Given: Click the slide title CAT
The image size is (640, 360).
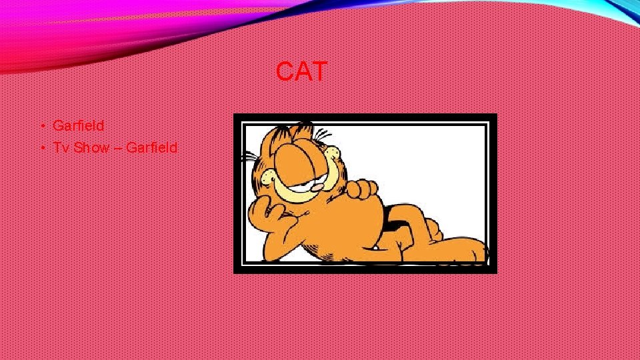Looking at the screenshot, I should coord(301,72).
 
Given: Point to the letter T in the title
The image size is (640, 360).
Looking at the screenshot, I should coord(319,72).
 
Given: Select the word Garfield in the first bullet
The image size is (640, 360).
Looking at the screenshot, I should coord(78,125).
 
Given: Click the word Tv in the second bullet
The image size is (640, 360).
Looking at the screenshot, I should coord(61,147).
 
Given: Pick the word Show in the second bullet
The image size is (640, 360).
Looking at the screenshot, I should coord(91,147).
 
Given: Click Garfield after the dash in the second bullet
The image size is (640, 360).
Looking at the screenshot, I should coord(151,147).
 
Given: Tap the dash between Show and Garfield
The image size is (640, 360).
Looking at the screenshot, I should coord(117,148).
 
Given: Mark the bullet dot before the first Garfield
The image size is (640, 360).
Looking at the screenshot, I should coord(41,126).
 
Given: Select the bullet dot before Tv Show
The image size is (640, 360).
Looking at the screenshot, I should coord(41,148).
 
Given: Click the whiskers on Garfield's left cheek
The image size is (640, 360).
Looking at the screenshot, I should coord(249,157).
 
